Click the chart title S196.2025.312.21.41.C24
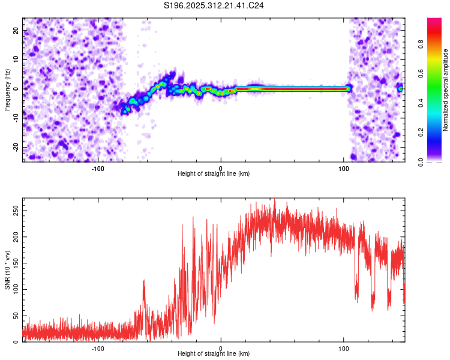[214, 5]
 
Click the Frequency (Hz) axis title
[7, 90]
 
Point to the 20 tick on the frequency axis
[16, 31]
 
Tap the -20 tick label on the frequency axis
[16, 147]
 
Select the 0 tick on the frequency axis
[16, 89]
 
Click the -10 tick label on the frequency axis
[16, 118]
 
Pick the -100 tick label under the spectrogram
[98, 169]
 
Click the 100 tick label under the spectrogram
[344, 169]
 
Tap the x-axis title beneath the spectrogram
[214, 174]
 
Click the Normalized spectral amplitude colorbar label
[445, 90]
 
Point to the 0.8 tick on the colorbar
[421, 44]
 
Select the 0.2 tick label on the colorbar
[421, 133]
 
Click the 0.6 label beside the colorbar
[421, 73]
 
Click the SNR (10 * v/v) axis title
[7, 270]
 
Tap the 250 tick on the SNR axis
[16, 211]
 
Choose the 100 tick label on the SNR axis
[16, 289]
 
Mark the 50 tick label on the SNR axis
[16, 316]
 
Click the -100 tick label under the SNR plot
[98, 349]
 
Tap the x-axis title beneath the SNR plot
[214, 353]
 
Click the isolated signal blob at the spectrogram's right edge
[400, 89]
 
